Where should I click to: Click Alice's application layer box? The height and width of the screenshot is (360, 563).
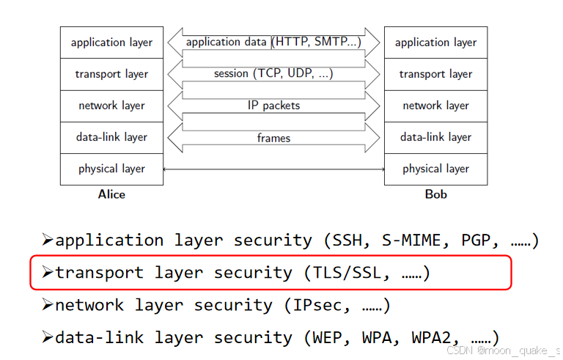tap(111, 43)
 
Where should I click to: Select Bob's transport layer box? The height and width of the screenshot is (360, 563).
tap(435, 74)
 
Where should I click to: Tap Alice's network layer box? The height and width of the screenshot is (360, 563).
tap(111, 106)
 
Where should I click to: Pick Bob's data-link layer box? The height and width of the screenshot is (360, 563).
tap(435, 137)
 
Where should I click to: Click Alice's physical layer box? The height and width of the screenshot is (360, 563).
tap(111, 169)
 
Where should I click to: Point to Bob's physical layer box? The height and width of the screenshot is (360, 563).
tap(435, 169)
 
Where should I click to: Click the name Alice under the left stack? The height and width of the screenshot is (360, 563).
tap(111, 195)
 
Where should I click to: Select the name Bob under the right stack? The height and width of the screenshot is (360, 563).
tap(435, 195)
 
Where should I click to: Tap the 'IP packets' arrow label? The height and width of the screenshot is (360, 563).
tap(273, 106)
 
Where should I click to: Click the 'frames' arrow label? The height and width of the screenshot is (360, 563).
tap(273, 138)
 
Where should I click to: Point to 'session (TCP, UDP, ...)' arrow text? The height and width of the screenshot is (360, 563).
tap(273, 74)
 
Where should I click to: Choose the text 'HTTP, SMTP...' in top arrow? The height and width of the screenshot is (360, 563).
tap(317, 43)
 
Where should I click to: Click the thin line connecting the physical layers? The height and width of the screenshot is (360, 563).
tap(273, 169)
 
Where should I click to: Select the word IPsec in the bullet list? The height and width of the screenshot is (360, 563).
tap(323, 305)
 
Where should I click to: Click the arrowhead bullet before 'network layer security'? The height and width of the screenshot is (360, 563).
tap(47, 304)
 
